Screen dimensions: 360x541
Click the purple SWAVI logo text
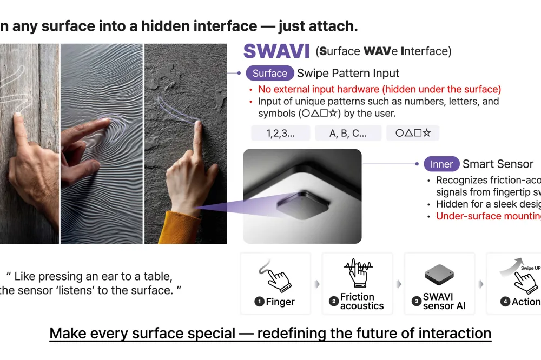[276, 51]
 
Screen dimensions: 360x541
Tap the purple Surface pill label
[269, 74]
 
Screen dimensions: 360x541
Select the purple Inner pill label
[441, 164]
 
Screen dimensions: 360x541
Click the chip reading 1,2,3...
[280, 134]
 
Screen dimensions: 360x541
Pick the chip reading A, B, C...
[348, 134]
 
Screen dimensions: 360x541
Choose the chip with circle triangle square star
[413, 134]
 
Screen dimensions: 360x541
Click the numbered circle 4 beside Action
[505, 302]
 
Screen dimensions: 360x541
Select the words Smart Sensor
[498, 164]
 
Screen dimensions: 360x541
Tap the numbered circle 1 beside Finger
[259, 302]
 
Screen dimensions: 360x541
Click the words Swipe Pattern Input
[348, 74]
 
